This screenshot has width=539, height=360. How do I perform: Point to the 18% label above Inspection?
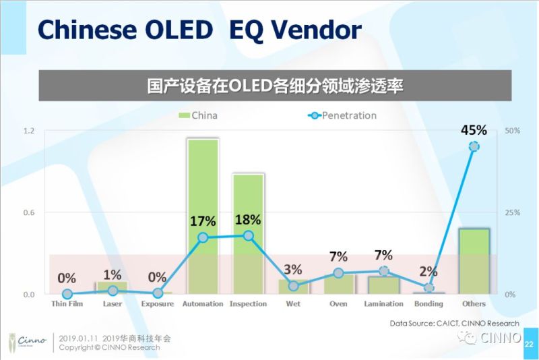click(x=248, y=220)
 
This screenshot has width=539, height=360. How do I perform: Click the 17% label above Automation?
click(x=203, y=221)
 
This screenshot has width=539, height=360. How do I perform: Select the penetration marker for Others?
click(x=474, y=146)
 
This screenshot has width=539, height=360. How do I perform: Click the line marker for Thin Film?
click(x=67, y=294)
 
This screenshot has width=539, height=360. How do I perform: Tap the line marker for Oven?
click(x=338, y=273)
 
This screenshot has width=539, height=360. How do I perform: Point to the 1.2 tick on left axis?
click(x=29, y=130)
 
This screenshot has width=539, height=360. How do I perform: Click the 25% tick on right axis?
click(x=512, y=212)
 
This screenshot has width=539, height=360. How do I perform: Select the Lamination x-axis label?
click(x=383, y=304)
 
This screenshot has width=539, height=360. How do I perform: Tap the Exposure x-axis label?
click(x=158, y=304)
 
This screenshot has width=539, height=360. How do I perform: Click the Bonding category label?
click(x=429, y=304)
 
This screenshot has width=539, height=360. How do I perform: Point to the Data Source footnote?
click(x=454, y=324)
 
